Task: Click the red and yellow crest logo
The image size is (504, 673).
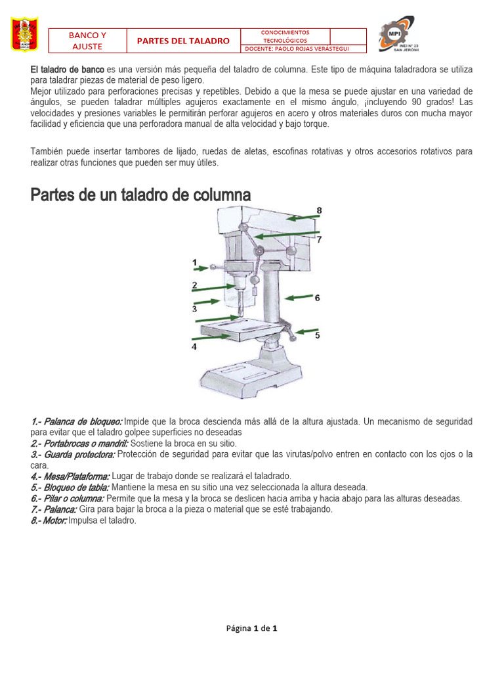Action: pyautogui.click(x=25, y=35)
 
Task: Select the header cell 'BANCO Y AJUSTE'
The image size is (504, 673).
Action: pyautogui.click(x=87, y=40)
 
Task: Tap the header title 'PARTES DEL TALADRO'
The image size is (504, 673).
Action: pyautogui.click(x=183, y=41)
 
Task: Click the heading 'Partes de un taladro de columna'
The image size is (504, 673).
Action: pyautogui.click(x=140, y=195)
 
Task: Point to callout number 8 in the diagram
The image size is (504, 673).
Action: pyautogui.click(x=319, y=211)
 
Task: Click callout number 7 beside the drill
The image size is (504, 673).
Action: pyautogui.click(x=319, y=240)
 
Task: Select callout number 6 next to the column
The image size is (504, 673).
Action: pyautogui.click(x=317, y=298)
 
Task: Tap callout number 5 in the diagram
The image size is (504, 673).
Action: pyautogui.click(x=317, y=335)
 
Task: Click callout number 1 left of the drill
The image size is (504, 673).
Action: pyautogui.click(x=194, y=262)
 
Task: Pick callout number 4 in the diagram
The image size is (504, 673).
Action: pyautogui.click(x=194, y=346)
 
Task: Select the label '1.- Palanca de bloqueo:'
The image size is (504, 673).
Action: pyautogui.click(x=76, y=421)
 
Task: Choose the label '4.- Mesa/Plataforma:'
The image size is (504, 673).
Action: pyautogui.click(x=70, y=476)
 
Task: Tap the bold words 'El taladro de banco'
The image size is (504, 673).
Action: pyautogui.click(x=67, y=70)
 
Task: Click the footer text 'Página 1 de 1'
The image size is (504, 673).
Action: pyautogui.click(x=251, y=628)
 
